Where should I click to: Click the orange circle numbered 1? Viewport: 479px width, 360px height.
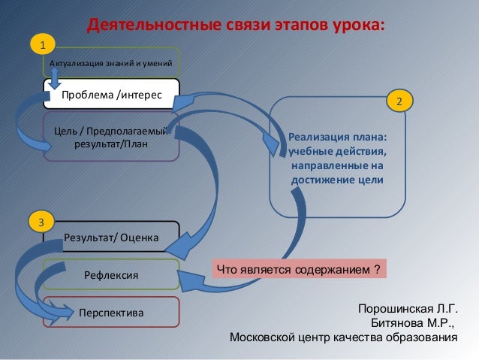coord(43,46)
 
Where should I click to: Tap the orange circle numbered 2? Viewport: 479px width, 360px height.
coord(399,100)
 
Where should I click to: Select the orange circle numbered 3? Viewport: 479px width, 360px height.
coord(42,222)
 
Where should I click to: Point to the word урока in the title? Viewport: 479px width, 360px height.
coord(356,24)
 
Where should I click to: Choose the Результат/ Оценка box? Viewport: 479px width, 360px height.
coord(111,237)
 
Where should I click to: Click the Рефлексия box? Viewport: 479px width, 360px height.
coord(111,276)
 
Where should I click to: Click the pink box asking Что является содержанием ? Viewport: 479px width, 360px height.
coord(297,269)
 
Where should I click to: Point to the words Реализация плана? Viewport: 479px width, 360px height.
coord(338,139)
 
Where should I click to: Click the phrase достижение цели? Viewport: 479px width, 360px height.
coord(338,180)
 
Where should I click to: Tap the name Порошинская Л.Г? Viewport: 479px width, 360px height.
coord(408,310)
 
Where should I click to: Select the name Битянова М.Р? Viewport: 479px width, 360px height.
coord(413,323)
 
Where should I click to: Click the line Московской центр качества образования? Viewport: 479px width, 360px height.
coord(343,337)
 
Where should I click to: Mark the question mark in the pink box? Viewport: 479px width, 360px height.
coord(377,269)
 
